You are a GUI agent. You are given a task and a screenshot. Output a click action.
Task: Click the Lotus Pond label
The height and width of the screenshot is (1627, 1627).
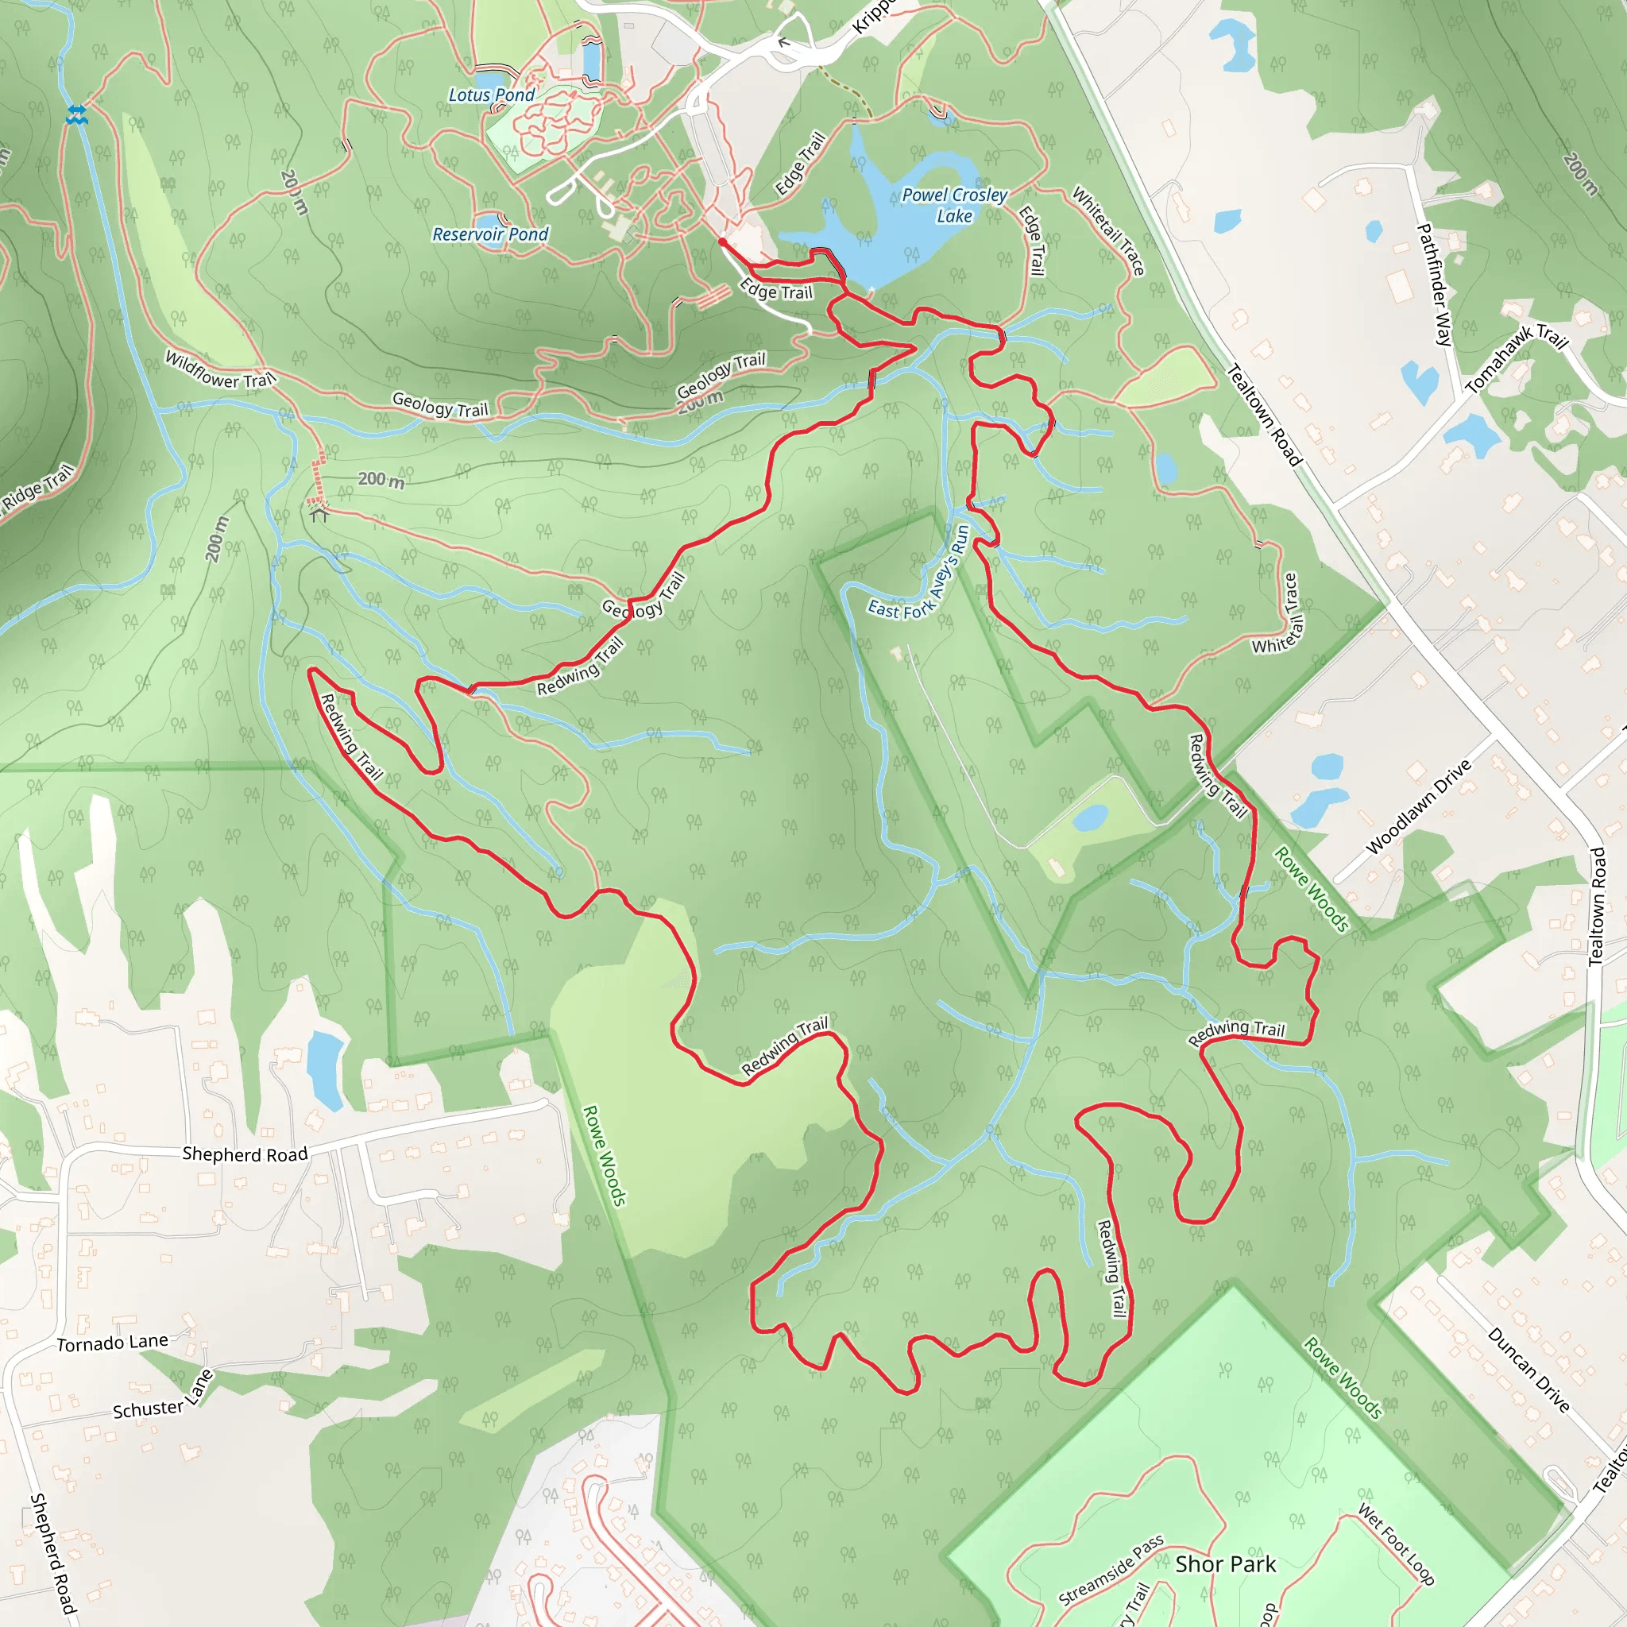point(491,95)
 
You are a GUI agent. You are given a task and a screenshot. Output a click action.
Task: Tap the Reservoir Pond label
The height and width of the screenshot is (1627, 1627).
point(490,234)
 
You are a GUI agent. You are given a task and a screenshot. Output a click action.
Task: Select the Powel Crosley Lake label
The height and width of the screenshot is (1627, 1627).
point(954,206)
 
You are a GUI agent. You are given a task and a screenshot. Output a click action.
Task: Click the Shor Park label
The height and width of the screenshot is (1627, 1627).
point(1225,1563)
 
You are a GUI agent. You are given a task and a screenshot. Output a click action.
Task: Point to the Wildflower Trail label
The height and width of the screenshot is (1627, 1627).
point(220,369)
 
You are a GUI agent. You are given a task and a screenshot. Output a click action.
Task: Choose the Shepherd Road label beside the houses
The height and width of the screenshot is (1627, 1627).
point(245,1154)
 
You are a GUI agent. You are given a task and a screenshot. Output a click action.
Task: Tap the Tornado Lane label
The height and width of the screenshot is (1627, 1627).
point(112,1343)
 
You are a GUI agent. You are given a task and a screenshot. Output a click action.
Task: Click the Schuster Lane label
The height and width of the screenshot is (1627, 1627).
point(163,1399)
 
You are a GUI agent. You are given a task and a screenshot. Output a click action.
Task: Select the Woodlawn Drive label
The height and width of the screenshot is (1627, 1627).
point(1418,807)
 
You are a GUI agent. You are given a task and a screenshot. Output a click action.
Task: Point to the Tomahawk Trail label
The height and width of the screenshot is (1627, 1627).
point(1516,358)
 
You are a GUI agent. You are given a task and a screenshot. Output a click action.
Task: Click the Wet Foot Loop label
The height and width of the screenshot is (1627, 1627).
point(1395,1544)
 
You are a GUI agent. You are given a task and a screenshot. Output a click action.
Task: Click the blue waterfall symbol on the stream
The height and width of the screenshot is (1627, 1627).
point(76,114)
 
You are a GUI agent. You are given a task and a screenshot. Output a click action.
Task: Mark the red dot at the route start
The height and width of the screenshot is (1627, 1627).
point(721,242)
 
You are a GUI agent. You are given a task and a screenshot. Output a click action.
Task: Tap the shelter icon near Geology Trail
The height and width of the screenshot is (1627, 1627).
point(319,513)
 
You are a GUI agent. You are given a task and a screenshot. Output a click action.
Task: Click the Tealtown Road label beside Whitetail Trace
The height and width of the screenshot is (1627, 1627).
point(1263,415)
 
